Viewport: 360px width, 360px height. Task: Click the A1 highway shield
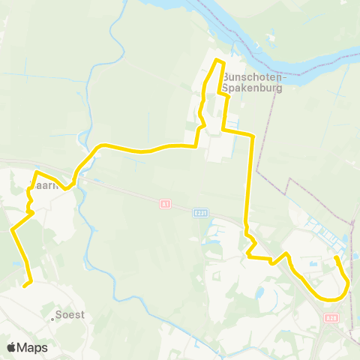(166, 203)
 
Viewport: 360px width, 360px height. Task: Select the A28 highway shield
(332, 318)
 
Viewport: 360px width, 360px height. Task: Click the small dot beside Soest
(53, 319)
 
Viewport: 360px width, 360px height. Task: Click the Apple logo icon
(12, 347)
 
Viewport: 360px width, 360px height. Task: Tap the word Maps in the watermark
(32, 347)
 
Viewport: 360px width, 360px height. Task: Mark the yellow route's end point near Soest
(25, 285)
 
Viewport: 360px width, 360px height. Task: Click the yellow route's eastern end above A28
(335, 258)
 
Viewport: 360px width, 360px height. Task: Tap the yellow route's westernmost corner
(12, 231)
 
